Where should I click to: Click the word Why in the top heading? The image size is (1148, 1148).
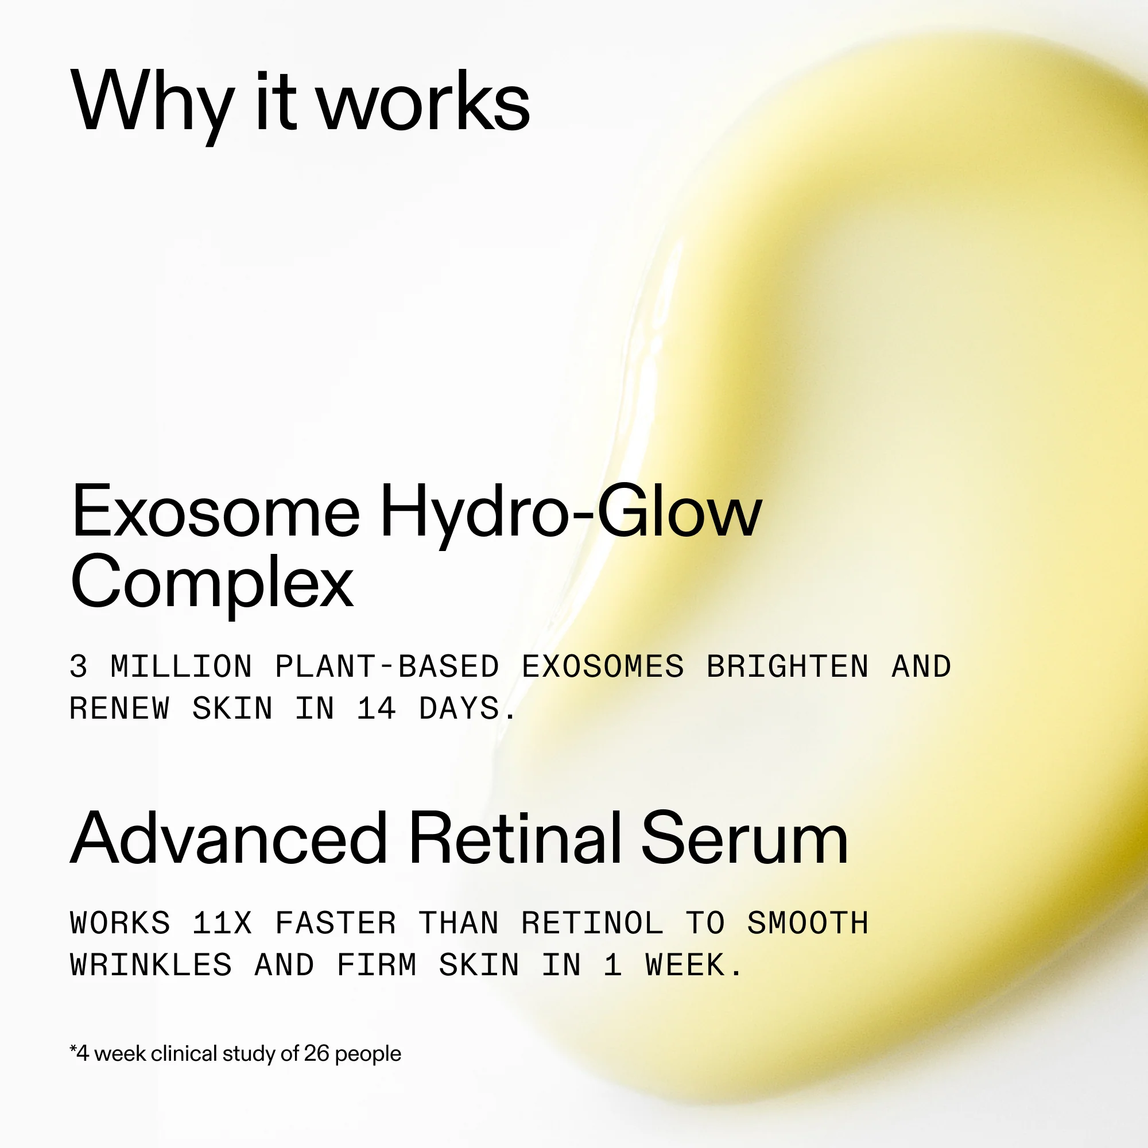[152, 102]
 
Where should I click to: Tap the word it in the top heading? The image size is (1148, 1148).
[274, 102]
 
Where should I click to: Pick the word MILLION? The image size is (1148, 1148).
[181, 666]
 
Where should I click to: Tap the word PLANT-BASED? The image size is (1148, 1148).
[387, 666]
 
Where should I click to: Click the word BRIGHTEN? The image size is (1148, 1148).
[788, 666]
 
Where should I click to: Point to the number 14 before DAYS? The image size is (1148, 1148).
[377, 709]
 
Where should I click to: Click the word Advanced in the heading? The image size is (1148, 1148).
[230, 839]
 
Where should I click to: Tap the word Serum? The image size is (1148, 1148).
[744, 839]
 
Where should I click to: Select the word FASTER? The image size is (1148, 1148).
[336, 924]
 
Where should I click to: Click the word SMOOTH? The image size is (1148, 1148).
[808, 924]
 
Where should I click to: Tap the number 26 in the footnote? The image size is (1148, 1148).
[316, 1053]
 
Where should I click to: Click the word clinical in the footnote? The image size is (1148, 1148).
[184, 1053]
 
